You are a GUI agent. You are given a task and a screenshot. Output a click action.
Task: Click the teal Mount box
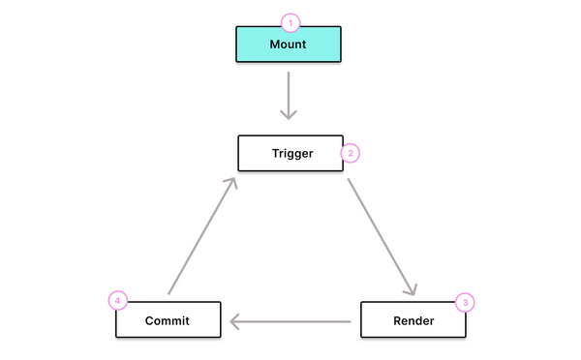pyautogui.click(x=289, y=44)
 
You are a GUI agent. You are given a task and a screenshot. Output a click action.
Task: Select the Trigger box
pyautogui.click(x=290, y=153)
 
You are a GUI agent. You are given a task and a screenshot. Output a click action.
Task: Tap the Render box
pyautogui.click(x=413, y=319)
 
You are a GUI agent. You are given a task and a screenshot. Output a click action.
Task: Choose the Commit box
pyautogui.click(x=168, y=319)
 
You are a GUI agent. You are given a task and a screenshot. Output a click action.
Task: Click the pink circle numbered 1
pyautogui.click(x=289, y=21)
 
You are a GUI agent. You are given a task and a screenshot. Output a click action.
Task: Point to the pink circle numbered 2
pyautogui.click(x=351, y=153)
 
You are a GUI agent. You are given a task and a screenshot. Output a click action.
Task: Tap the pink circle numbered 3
pyautogui.click(x=465, y=302)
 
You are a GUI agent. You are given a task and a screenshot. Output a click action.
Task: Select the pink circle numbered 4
pyautogui.click(x=117, y=301)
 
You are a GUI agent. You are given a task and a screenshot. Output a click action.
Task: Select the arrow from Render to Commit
pyautogui.click(x=290, y=319)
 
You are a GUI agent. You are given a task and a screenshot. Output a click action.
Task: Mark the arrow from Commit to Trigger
pyautogui.click(x=201, y=235)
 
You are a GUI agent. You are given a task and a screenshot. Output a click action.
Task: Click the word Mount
pyautogui.click(x=289, y=44)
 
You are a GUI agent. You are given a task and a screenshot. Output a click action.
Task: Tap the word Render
pyautogui.click(x=413, y=319)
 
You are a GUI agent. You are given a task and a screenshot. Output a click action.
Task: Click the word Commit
pyautogui.click(x=168, y=319)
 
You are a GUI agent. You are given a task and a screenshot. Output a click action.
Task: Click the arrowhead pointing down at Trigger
pyautogui.click(x=289, y=114)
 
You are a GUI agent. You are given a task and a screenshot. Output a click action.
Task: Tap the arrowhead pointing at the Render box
pyautogui.click(x=412, y=289)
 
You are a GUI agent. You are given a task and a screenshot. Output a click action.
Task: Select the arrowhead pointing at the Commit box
pyautogui.click(x=234, y=319)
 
